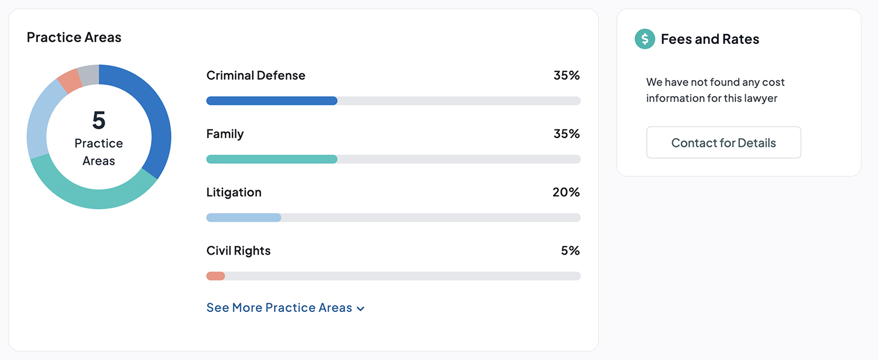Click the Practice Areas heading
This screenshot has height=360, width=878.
[x=74, y=37]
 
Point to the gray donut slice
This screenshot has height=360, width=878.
[x=88, y=75]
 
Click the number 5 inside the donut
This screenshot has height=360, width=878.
[x=99, y=120]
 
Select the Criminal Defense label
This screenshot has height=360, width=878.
[x=256, y=76]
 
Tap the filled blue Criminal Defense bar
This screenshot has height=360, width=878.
[x=272, y=101]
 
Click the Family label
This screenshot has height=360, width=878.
[x=225, y=134]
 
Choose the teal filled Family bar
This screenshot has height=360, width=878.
[x=272, y=159]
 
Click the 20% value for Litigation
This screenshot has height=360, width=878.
[x=566, y=193]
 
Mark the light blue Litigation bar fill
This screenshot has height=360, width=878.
[x=243, y=218]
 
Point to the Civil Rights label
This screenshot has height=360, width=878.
[x=238, y=251]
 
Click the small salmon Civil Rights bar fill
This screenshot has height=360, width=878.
[x=215, y=276]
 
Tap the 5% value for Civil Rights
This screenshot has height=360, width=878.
[x=570, y=251]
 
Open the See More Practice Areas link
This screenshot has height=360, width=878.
[x=285, y=308]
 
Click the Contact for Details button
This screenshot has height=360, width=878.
[x=723, y=143]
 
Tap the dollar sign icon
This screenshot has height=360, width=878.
[x=644, y=39]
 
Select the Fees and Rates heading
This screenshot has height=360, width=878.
[x=710, y=39]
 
